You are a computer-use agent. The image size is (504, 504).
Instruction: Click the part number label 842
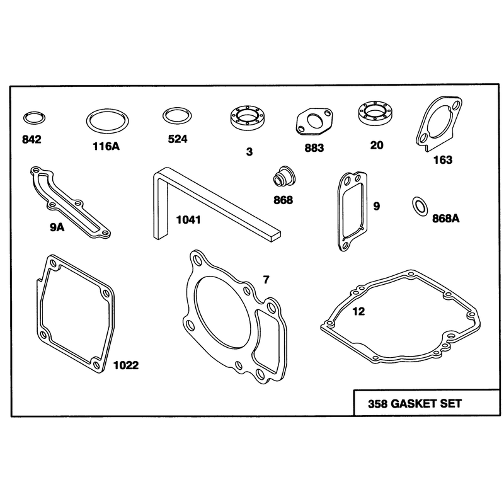[x=31, y=139]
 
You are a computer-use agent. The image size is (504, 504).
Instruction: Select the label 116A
[x=106, y=147]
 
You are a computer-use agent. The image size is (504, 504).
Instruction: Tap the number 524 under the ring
[x=178, y=139]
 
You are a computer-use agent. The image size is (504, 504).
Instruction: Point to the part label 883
[x=314, y=148]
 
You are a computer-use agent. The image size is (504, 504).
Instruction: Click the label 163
[x=443, y=160]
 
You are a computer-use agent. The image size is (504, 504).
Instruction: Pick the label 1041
[x=188, y=220]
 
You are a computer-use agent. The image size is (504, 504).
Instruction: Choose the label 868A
[x=445, y=219]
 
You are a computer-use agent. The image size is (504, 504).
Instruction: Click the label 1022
[x=126, y=365]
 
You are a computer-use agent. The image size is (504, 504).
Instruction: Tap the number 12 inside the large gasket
[x=358, y=311]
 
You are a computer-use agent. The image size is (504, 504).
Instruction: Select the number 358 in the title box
[x=377, y=404]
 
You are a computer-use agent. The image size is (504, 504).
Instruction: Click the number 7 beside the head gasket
[x=266, y=280]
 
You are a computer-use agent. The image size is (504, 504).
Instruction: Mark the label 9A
[x=57, y=227]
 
